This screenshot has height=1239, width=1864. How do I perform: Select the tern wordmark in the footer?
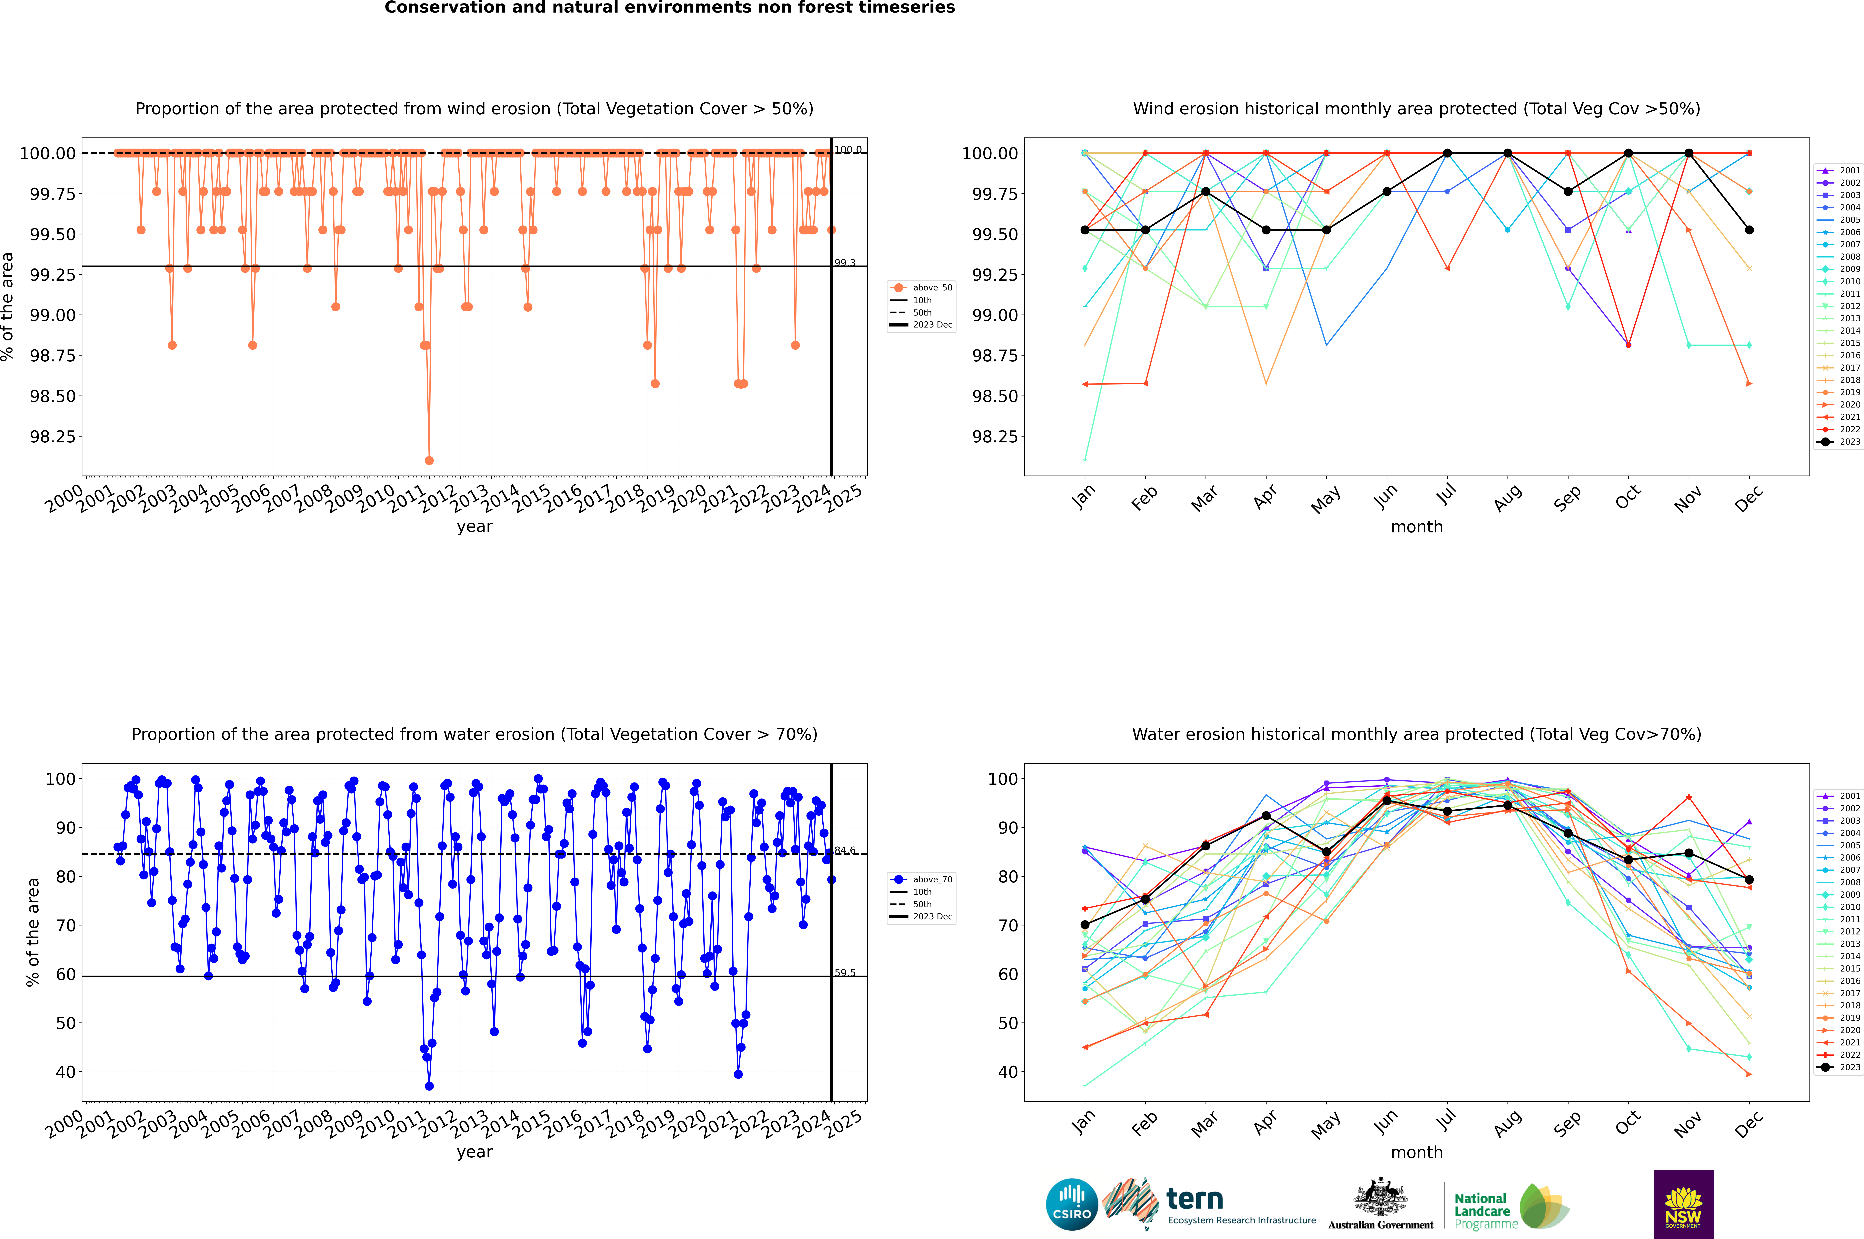point(1195,1200)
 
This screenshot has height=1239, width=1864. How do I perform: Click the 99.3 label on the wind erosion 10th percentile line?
point(845,262)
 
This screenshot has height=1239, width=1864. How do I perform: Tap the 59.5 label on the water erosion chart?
point(845,973)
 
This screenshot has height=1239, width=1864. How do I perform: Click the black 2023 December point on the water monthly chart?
point(1749,880)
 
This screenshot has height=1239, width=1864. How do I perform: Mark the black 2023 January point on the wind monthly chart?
point(1085,230)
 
